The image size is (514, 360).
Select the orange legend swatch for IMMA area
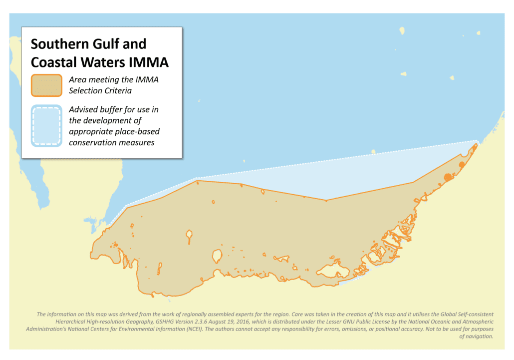[x=46, y=85]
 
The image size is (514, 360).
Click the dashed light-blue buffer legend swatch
[x=46, y=126]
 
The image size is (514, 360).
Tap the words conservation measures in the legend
[x=112, y=142]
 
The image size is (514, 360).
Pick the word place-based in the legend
[x=139, y=131]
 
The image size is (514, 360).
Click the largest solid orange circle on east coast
[x=448, y=177]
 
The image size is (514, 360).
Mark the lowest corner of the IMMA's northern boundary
[x=326, y=201]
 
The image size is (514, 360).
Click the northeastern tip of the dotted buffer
[x=477, y=141]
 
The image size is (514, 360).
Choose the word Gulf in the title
[x=108, y=44]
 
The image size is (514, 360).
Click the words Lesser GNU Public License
[x=359, y=322]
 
